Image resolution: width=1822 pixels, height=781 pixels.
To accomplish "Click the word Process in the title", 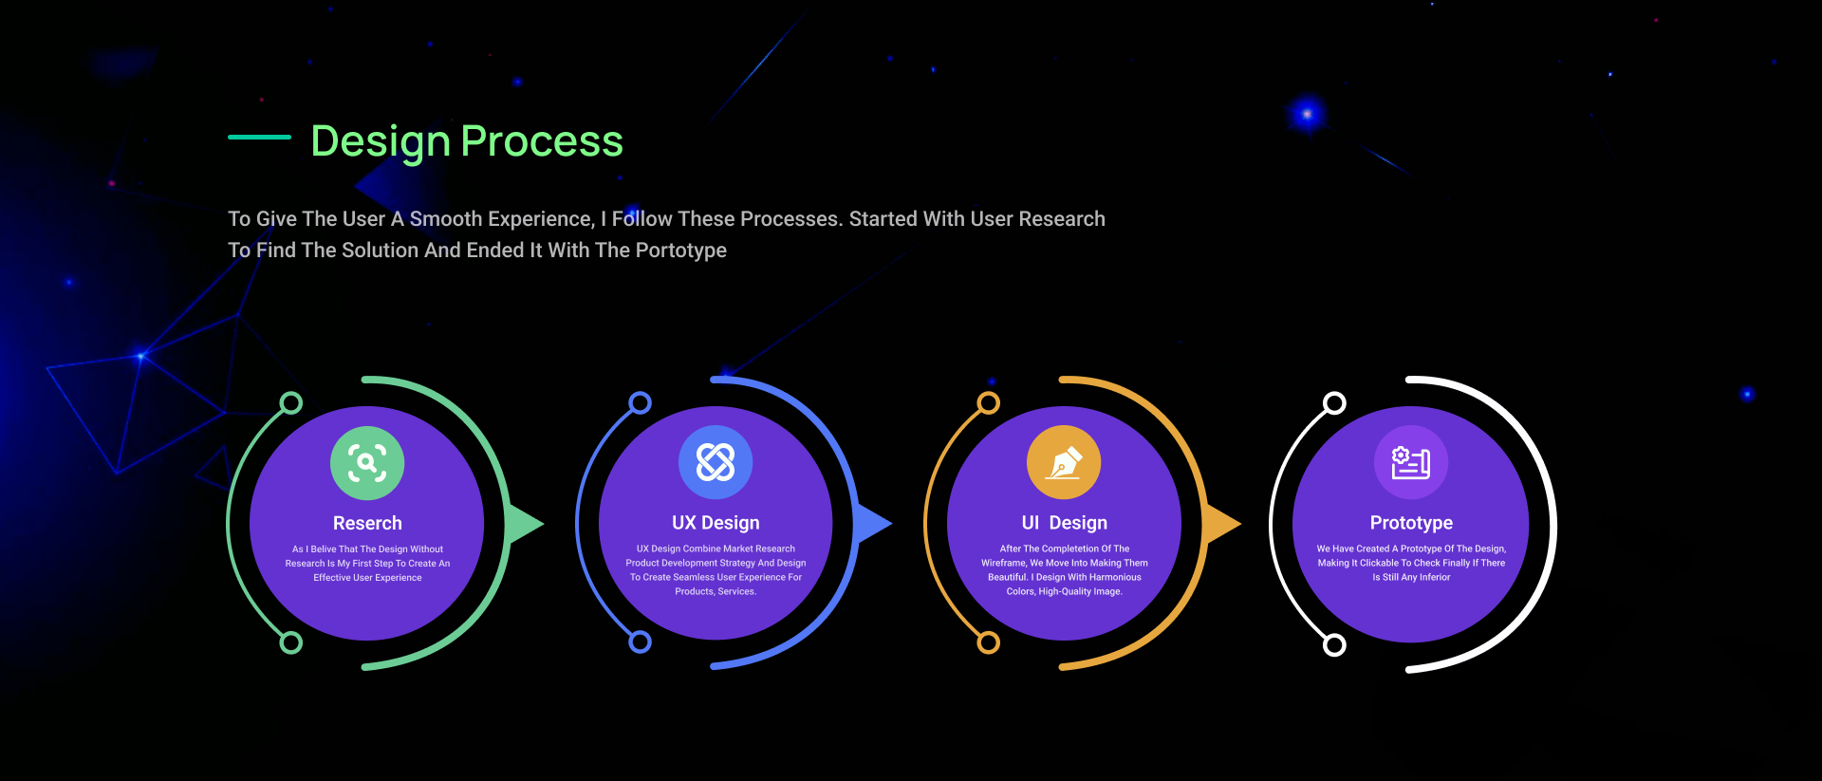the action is tap(542, 142).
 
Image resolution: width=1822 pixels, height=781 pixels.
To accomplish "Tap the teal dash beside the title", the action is tap(259, 137).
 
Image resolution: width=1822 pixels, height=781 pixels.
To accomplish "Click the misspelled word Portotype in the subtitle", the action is tap(680, 251).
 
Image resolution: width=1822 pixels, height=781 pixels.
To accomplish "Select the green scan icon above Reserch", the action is tap(367, 463).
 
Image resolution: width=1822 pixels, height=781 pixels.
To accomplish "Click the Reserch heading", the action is tap(367, 523).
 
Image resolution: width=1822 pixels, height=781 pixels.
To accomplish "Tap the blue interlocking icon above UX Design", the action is tap(716, 462).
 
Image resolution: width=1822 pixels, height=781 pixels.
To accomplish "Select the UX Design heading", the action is tap(716, 523).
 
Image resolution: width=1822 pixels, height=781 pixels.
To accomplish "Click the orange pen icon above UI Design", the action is tap(1064, 462).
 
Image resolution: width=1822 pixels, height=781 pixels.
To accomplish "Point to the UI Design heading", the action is tap(1065, 523).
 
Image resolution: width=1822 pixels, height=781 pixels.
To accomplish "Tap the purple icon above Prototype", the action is tap(1411, 462).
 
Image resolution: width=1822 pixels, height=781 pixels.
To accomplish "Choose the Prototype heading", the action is tap(1411, 523).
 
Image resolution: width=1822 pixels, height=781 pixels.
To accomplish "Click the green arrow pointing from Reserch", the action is tap(525, 524).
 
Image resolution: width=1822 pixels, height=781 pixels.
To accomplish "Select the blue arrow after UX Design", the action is tap(873, 524).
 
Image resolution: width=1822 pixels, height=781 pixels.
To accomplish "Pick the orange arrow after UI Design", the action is tap(1222, 524).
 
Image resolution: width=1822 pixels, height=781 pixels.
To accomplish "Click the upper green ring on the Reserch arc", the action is tap(291, 403).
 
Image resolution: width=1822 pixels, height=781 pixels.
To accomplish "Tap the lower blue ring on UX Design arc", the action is tap(641, 642).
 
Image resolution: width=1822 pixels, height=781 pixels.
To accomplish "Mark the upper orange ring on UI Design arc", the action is tap(989, 403).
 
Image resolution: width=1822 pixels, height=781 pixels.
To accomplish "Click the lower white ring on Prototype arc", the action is tap(1334, 645).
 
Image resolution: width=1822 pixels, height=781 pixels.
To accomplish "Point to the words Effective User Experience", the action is tap(367, 578).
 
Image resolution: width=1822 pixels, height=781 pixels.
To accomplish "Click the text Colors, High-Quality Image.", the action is tap(1064, 592).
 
